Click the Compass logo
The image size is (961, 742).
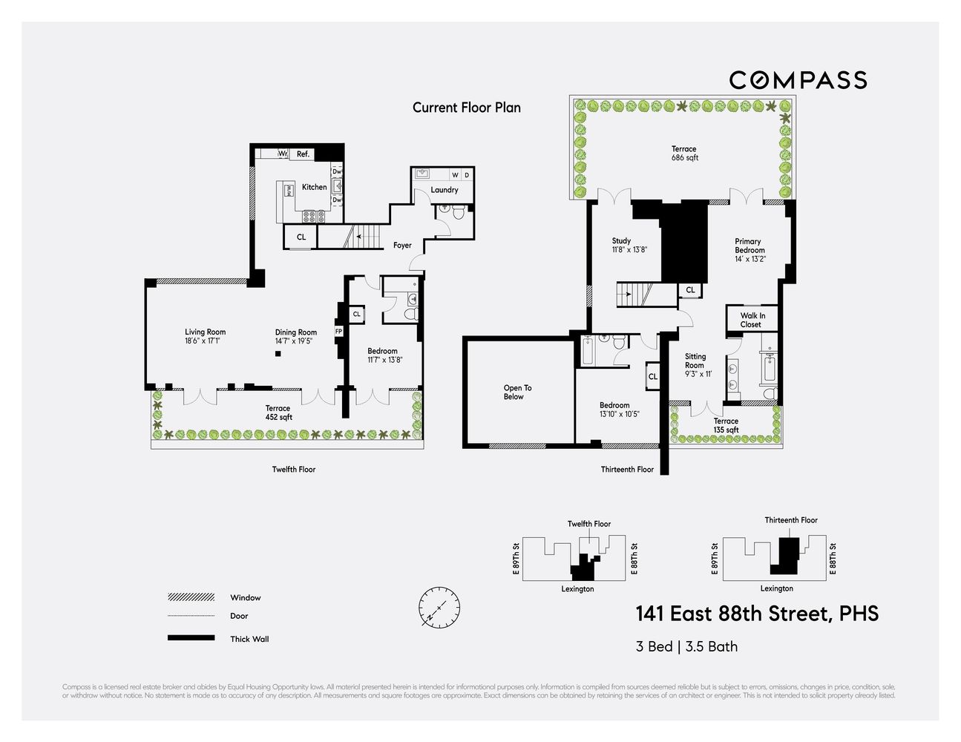coord(798,80)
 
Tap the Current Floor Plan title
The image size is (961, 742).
coord(467,108)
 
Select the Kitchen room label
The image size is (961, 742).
coord(314,187)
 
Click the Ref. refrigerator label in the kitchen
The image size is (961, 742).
coord(303,154)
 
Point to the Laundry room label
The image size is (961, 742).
coord(445,190)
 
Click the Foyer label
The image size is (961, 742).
coord(402,246)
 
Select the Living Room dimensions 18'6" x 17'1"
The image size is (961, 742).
coord(203,341)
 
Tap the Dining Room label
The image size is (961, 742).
coord(296,332)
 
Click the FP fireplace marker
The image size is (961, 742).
coord(338,332)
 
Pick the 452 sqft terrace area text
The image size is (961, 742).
coord(279,417)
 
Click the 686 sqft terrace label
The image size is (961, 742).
coord(685,158)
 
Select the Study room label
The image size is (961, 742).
coord(621,241)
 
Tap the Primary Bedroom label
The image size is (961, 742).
coord(749,246)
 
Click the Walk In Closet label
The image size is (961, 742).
coord(752,320)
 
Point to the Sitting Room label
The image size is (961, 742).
coord(695,361)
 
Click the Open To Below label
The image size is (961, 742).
coord(517,393)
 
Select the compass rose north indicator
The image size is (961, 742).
coord(439,607)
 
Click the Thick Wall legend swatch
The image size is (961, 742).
coord(191,638)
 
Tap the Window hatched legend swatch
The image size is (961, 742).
coord(191,597)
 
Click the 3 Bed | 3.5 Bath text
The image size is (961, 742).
coord(686,646)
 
